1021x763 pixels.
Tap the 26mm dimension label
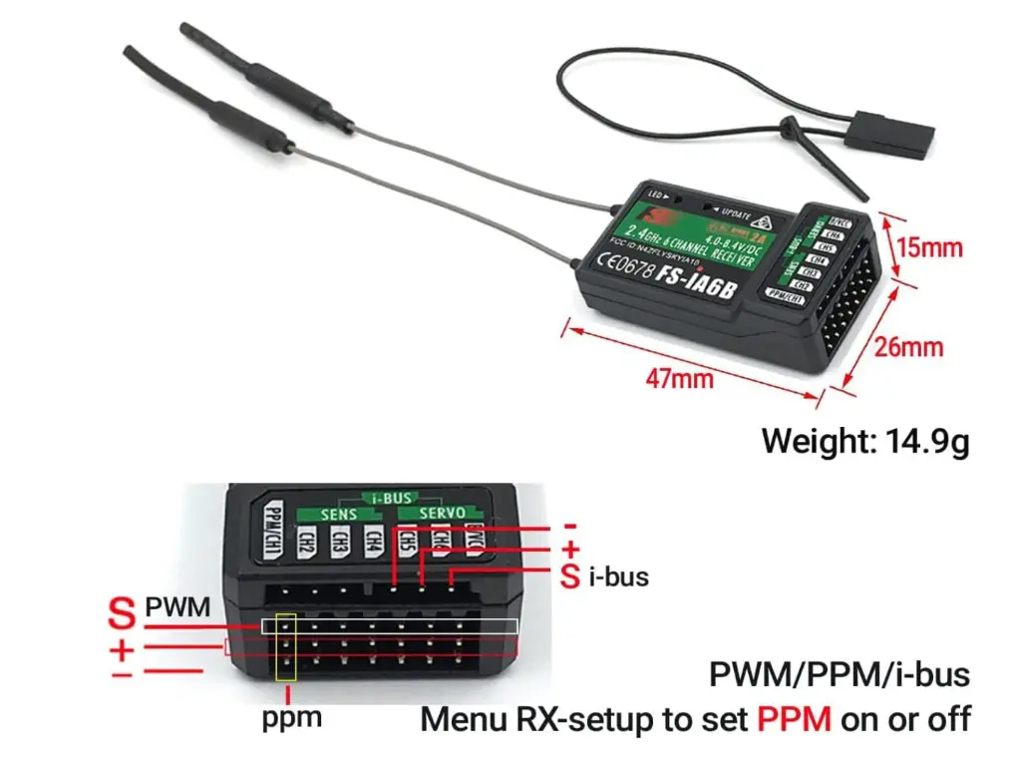[908, 348]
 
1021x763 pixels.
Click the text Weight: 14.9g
[865, 440]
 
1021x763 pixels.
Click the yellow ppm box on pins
[286, 647]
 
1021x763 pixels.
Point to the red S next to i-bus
[569, 575]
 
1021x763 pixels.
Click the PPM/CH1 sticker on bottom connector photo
[272, 530]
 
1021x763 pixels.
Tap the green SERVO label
[434, 513]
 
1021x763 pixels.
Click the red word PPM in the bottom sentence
[794, 718]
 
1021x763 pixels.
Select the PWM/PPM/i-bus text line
[839, 674]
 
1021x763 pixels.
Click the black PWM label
[177, 605]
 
